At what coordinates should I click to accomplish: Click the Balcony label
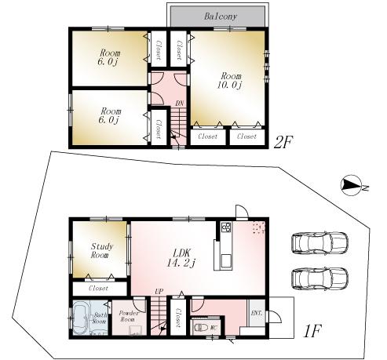point(220,15)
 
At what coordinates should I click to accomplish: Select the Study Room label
point(99,250)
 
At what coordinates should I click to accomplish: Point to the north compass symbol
point(353,186)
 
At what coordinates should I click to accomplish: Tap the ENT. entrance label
point(257,312)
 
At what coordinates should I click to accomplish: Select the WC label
point(213,327)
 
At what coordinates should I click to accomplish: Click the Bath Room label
point(100,317)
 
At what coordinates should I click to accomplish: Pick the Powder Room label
point(127,316)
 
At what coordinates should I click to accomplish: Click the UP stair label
point(159,293)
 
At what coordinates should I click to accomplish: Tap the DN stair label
point(180,103)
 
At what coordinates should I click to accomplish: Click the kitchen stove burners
point(225,228)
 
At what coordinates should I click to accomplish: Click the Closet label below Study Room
point(98,288)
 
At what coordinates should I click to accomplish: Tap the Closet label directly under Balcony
point(178,51)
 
